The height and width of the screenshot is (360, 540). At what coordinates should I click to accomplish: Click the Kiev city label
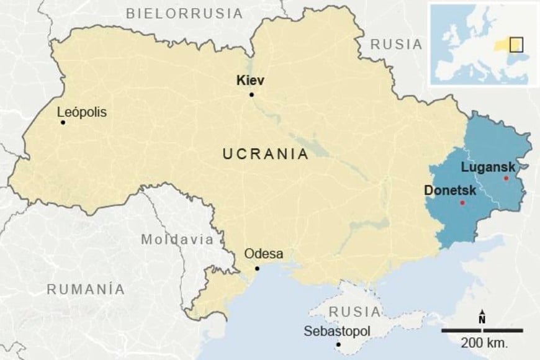[251, 80]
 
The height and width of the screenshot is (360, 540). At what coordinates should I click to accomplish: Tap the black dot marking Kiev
[251, 94]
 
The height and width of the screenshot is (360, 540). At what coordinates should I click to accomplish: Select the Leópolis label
[81, 112]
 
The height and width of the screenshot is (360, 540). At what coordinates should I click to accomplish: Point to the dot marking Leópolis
[63, 122]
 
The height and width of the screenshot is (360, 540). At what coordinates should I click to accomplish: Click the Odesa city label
[264, 253]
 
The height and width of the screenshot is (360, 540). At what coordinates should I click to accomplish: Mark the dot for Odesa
[257, 268]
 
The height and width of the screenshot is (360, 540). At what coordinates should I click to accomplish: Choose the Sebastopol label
[336, 331]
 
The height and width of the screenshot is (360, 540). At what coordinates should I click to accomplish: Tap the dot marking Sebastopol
[338, 344]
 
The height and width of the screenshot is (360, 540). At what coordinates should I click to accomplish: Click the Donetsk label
[446, 190]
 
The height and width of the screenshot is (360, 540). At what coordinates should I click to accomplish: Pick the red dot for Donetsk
[462, 203]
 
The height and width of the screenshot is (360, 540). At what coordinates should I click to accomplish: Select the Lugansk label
[488, 167]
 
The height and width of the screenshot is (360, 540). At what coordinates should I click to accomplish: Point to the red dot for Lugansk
[506, 178]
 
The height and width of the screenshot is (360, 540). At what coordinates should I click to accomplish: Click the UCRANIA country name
[266, 155]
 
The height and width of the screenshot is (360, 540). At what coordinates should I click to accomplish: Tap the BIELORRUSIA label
[184, 12]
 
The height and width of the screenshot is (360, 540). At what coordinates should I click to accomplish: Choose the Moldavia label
[177, 239]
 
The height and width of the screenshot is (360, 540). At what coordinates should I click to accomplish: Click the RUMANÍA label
[86, 289]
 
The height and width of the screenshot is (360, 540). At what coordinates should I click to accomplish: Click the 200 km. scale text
[484, 342]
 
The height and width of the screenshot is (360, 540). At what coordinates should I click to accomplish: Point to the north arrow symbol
[482, 317]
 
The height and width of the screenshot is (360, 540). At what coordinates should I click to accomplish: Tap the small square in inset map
[516, 44]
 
